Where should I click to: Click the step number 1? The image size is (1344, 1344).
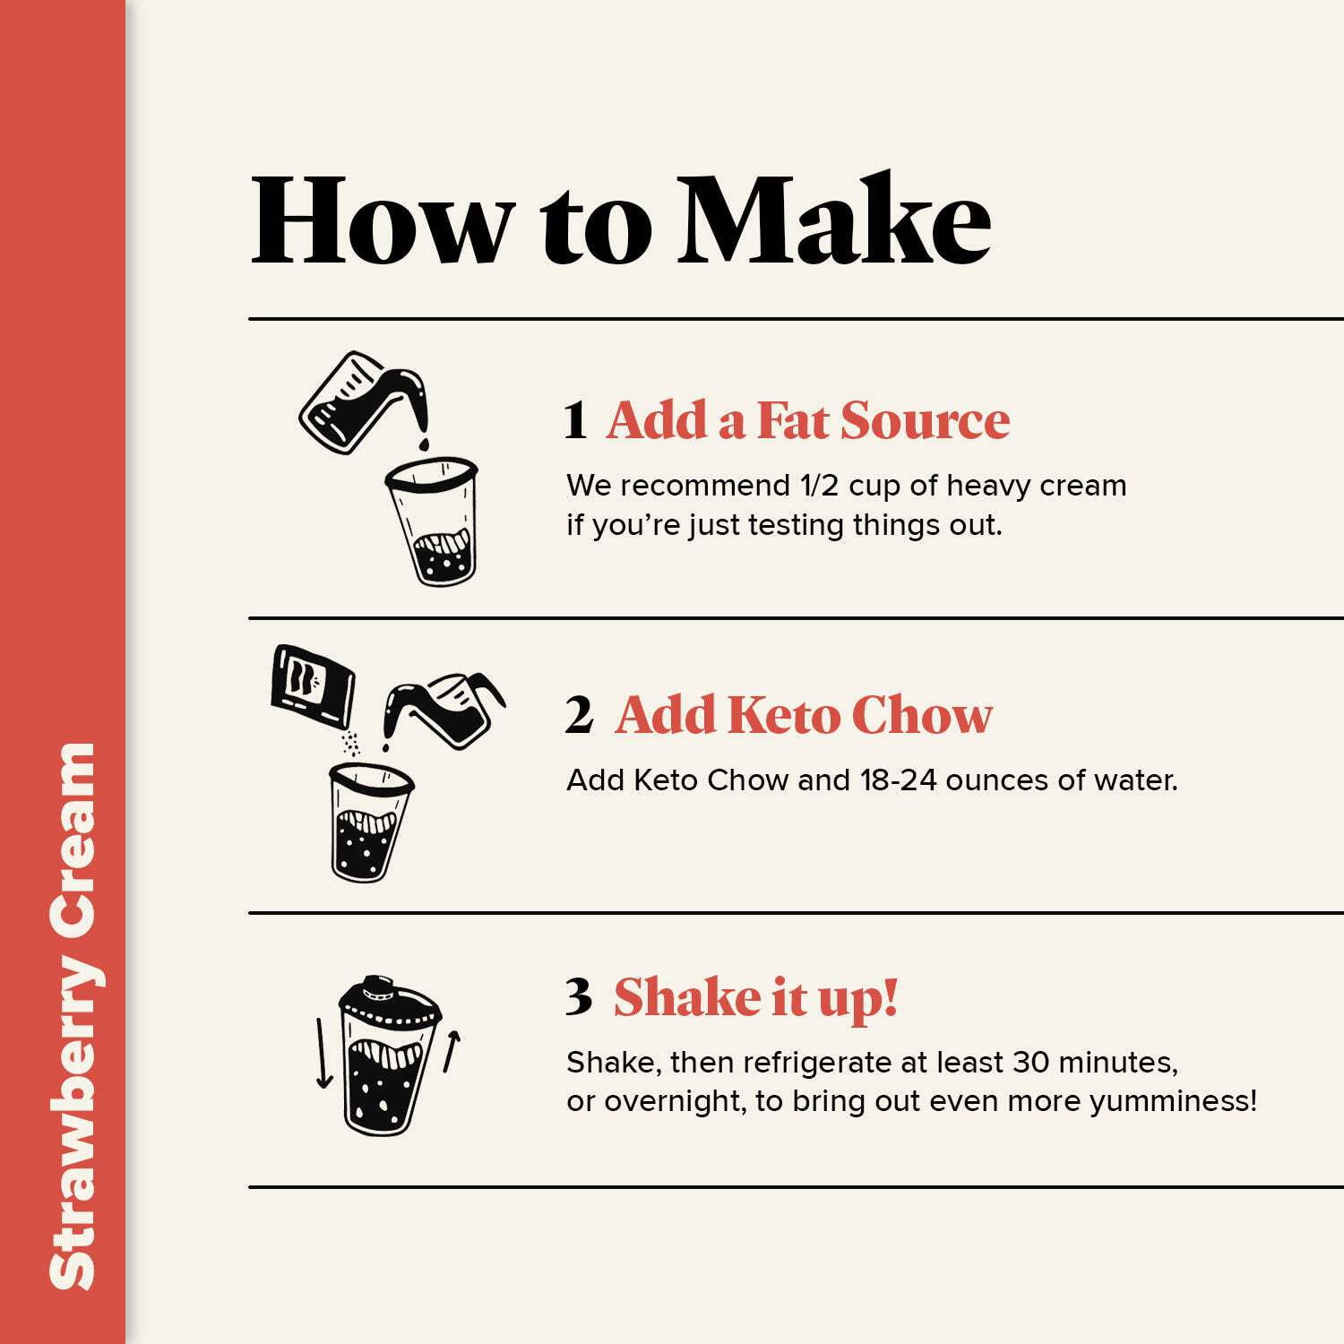(x=575, y=421)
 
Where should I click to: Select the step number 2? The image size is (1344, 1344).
(x=579, y=716)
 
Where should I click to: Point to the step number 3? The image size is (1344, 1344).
(x=579, y=997)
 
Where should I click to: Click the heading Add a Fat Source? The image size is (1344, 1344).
(x=808, y=420)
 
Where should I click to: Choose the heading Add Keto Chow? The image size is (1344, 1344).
(x=805, y=715)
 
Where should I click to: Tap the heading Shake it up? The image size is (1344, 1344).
(x=755, y=999)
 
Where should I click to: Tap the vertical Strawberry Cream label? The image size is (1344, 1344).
(x=72, y=1016)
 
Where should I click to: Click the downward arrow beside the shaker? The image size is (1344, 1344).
(x=323, y=1054)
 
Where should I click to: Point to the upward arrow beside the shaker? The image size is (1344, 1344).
(x=452, y=1050)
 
